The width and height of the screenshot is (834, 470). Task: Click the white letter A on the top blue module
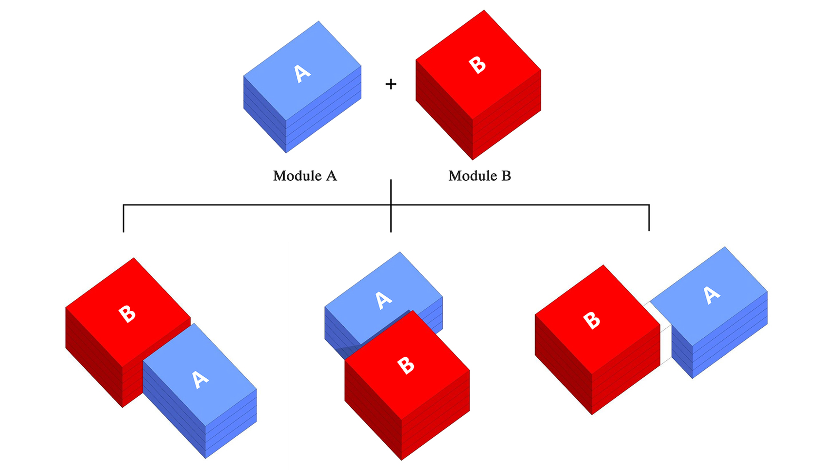point(302,73)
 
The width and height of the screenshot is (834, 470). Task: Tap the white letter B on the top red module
point(477,65)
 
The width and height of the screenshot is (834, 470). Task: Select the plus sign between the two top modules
point(391,84)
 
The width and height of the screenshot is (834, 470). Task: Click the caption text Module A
point(305,176)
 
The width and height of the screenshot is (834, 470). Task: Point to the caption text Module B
point(480,176)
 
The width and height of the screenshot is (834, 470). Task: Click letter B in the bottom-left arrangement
point(127,314)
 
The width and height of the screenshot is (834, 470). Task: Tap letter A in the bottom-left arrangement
point(200,379)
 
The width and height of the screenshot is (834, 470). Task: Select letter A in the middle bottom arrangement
point(383,300)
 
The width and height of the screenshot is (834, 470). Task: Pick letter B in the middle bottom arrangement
point(405,365)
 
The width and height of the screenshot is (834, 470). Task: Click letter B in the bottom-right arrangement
point(591,320)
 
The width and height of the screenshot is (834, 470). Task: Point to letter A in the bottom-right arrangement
point(712,295)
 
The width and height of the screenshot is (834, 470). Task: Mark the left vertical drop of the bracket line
point(123,218)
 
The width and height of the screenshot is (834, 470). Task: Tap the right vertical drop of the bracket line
point(649,218)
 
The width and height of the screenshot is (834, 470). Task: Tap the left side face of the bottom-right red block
point(563,364)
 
